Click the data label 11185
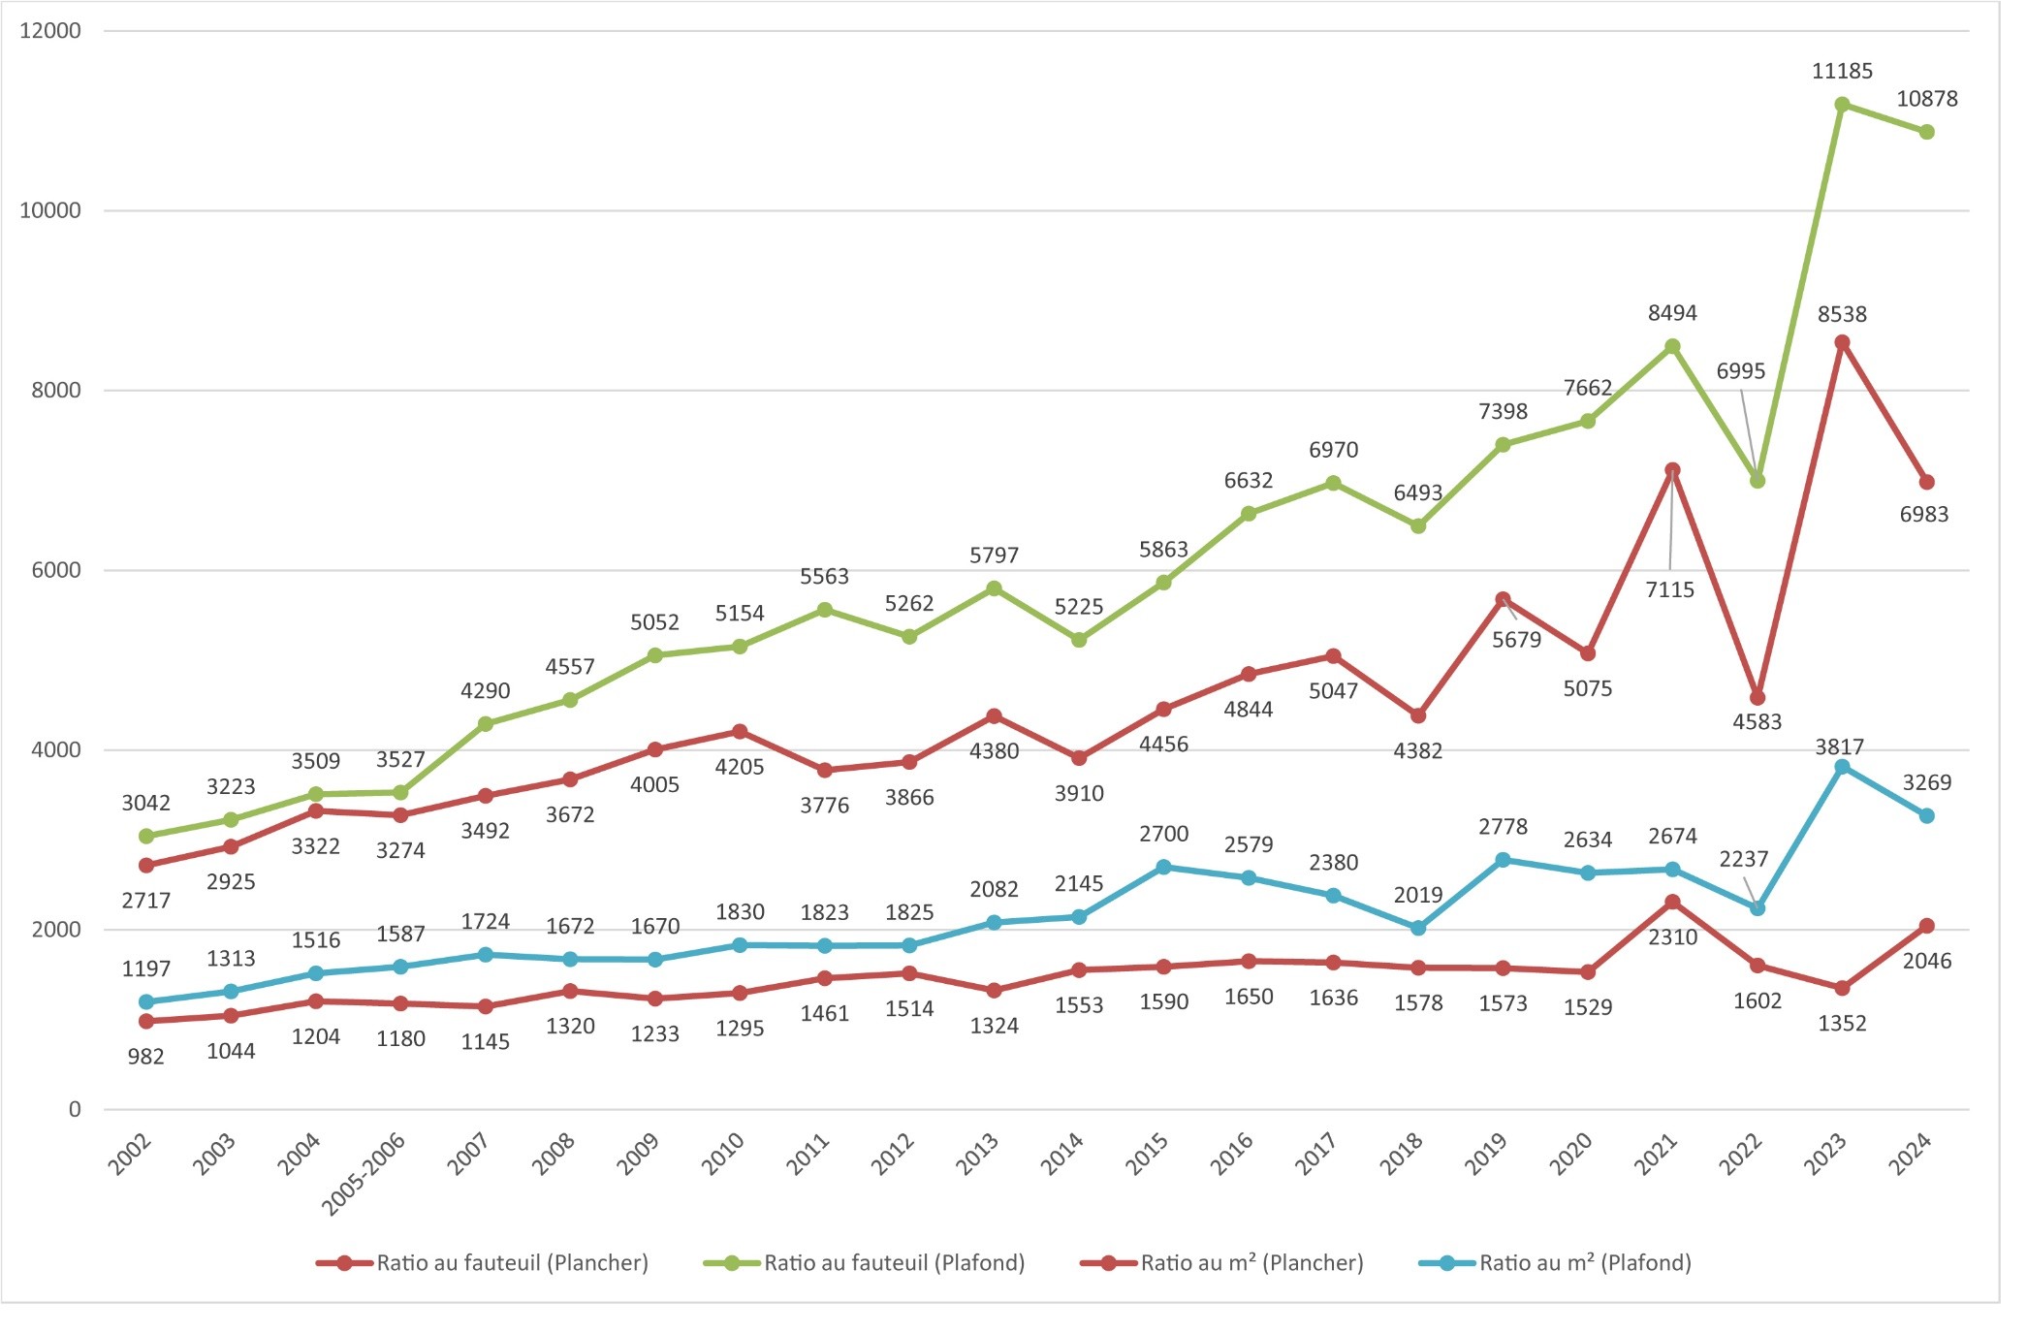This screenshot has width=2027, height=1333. pyautogui.click(x=1842, y=71)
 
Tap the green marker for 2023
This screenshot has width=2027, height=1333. pyautogui.click(x=1842, y=105)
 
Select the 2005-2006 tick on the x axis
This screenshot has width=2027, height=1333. pyautogui.click(x=364, y=1172)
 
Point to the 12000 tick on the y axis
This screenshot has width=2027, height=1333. pyautogui.click(x=50, y=31)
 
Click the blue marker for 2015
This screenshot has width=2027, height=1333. pyautogui.click(x=1163, y=868)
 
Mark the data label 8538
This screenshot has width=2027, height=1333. pyautogui.click(x=1842, y=314)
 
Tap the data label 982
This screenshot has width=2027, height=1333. pyautogui.click(x=145, y=1057)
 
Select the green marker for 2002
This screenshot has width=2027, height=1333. pyautogui.click(x=146, y=836)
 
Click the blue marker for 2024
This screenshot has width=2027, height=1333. pyautogui.click(x=1926, y=816)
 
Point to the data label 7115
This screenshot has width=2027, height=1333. pyautogui.click(x=1669, y=589)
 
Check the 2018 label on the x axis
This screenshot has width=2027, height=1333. pyautogui.click(x=1402, y=1153)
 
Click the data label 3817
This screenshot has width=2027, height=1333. pyautogui.click(x=1839, y=746)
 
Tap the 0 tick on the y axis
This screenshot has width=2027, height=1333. pyautogui.click(x=75, y=1110)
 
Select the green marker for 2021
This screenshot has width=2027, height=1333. pyautogui.click(x=1672, y=347)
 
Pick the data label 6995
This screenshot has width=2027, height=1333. pyautogui.click(x=1740, y=371)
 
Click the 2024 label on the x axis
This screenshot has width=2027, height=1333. pyautogui.click(x=1911, y=1153)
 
